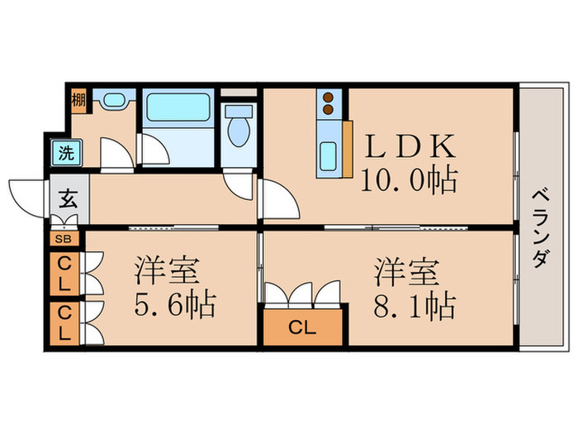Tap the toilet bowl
click(x=239, y=128)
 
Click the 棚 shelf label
click(x=78, y=101)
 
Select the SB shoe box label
click(x=64, y=239)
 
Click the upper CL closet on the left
click(x=64, y=272)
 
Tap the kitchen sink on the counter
click(x=328, y=155)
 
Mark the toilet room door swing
click(x=239, y=184)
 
